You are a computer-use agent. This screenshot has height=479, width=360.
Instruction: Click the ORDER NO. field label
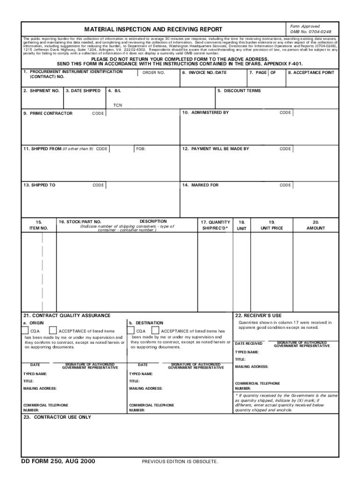pyautogui.click(x=153, y=73)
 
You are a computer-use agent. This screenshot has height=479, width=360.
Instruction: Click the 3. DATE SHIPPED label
pyautogui.click(x=83, y=91)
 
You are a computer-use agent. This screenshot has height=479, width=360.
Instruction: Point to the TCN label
pyautogui.click(x=117, y=105)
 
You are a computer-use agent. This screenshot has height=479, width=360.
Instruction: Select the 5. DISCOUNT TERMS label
pyautogui.click(x=239, y=91)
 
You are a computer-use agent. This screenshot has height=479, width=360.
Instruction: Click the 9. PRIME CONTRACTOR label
pyautogui.click(x=48, y=113)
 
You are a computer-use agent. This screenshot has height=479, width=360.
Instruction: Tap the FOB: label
pyautogui.click(x=141, y=149)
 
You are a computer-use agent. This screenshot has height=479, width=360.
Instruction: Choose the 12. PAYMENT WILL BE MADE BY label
pyautogui.click(x=216, y=149)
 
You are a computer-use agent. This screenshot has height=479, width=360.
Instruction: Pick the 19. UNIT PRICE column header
pyautogui.click(x=272, y=225)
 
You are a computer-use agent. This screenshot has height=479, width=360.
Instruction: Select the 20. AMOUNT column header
pyautogui.click(x=316, y=225)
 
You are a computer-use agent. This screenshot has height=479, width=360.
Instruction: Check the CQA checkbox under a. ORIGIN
pyautogui.click(x=27, y=331)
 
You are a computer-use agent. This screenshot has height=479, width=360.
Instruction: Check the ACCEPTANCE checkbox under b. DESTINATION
pyautogui.click(x=155, y=331)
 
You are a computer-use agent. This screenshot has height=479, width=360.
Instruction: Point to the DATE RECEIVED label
pyautogui.click(x=249, y=344)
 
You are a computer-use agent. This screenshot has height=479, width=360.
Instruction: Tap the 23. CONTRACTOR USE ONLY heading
pyautogui.click(x=58, y=417)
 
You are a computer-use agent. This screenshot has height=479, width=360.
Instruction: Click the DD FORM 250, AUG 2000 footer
pyautogui.click(x=58, y=461)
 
